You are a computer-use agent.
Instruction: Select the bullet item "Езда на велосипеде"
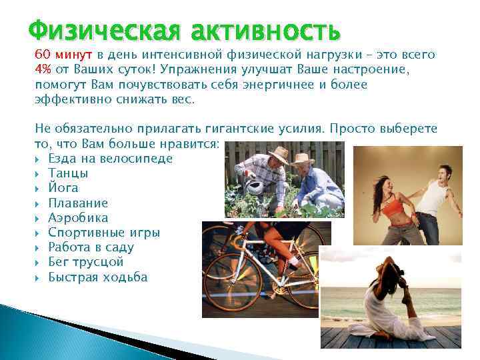[x=110, y=159]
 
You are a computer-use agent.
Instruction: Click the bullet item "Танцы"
[x=69, y=173]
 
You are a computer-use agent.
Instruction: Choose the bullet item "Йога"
[x=63, y=188]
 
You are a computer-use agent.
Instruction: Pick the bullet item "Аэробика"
[x=78, y=218]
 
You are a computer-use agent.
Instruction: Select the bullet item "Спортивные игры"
[x=104, y=233]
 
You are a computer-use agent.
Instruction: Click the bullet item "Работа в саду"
[x=91, y=247]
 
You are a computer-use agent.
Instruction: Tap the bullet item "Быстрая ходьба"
[x=98, y=277]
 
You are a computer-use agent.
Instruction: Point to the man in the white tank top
[x=433, y=200]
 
